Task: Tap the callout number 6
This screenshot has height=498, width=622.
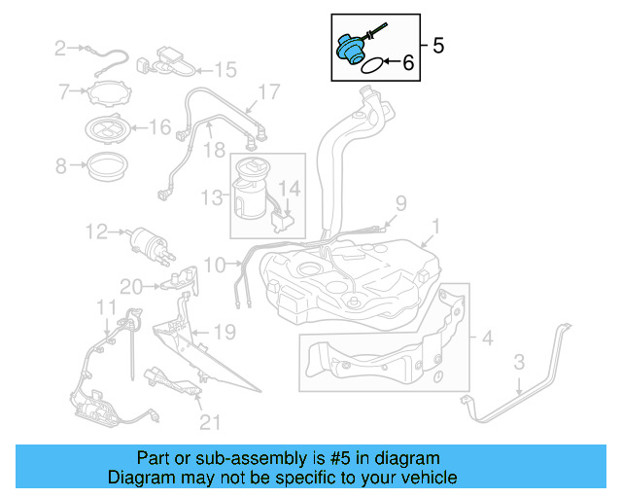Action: [407, 62]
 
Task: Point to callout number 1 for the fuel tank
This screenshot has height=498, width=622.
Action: [435, 227]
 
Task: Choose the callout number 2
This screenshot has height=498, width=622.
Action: [59, 46]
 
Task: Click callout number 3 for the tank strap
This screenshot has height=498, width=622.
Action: [519, 364]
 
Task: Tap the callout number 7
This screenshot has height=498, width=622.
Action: [64, 92]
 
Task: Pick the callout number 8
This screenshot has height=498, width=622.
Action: [61, 166]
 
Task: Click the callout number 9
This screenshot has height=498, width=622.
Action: [398, 202]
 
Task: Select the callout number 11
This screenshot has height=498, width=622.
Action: [105, 309]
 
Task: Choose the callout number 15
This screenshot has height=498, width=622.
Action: [225, 70]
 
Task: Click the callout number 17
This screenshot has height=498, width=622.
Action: [268, 92]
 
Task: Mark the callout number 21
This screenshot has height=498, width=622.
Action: [210, 422]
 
